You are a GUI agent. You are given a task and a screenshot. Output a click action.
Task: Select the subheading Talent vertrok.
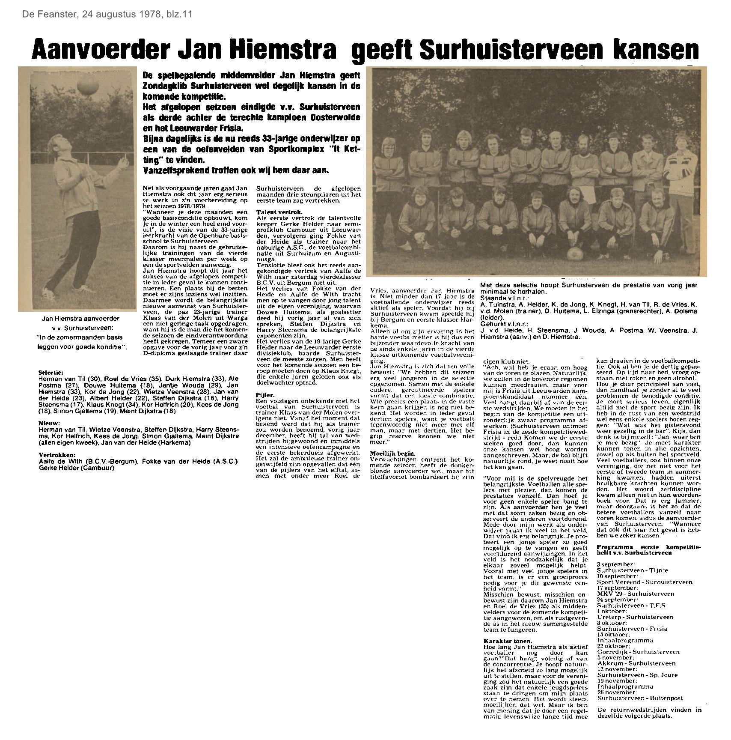[273, 212]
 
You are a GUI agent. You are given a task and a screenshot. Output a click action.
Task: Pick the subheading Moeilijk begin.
[392, 454]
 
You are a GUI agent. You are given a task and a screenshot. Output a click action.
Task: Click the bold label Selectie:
[51, 373]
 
